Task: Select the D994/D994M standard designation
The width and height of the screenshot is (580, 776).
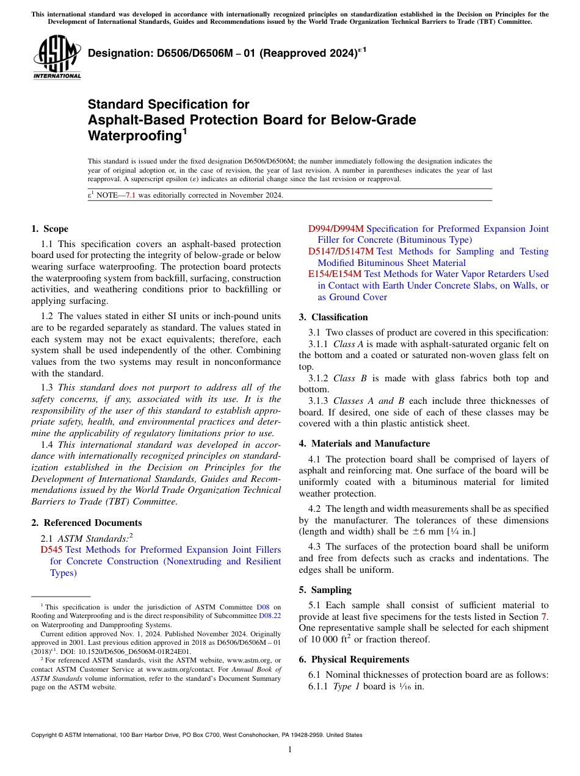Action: coord(335,229)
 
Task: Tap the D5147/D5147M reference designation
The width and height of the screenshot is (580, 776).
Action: coord(341,251)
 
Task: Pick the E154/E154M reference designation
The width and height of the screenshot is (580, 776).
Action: coord(335,274)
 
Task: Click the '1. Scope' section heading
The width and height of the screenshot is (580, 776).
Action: coord(49,229)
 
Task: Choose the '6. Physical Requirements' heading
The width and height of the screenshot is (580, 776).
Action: coord(353,659)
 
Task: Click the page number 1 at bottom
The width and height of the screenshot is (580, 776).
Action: coord(290,749)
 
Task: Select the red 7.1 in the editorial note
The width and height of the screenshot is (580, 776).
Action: coord(131,196)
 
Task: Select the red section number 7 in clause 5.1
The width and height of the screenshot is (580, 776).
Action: coord(545,617)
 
